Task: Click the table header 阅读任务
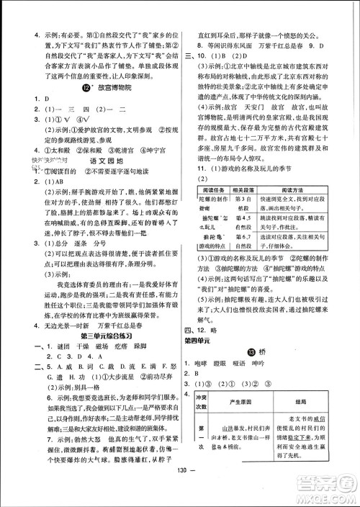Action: pyautogui.click(x=214, y=189)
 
